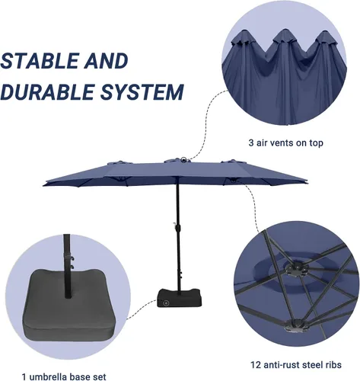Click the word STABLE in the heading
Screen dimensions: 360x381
[40, 61]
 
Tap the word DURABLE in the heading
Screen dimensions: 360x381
[47, 91]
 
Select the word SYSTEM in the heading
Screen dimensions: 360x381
[142, 91]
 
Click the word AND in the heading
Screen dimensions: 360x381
[107, 61]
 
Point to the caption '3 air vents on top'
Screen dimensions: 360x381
[285, 142]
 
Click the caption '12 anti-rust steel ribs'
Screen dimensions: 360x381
[296, 365]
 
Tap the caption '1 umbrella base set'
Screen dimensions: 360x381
[64, 376]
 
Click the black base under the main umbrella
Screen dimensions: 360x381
[180, 298]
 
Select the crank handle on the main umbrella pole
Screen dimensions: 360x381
[175, 225]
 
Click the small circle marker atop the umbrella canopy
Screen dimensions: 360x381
[183, 159]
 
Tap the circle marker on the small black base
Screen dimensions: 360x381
[166, 303]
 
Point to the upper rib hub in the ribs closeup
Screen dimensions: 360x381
[296, 269]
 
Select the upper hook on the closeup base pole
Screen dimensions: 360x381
[72, 258]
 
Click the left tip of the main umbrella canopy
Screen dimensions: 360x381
[43, 186]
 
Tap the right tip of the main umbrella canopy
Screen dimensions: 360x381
[307, 182]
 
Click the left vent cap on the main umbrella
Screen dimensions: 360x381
[119, 162]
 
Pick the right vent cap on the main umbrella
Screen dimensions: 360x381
[233, 161]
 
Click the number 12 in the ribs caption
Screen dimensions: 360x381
[256, 365]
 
